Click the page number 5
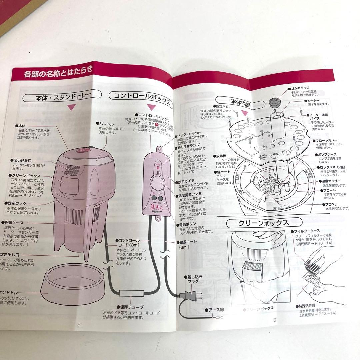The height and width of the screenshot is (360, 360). point(79,324)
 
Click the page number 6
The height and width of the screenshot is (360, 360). point(275,320)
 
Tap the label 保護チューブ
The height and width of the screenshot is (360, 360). point(132,307)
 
